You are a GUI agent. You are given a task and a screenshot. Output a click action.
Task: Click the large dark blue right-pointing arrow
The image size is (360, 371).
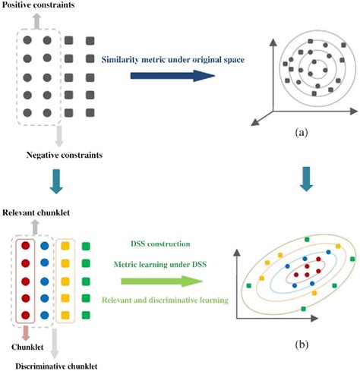163,76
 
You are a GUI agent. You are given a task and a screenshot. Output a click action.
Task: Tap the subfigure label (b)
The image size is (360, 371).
302,342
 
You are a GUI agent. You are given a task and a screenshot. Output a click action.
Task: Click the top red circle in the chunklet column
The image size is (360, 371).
26,245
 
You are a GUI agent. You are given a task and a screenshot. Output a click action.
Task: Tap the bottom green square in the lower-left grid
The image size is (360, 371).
89,313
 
